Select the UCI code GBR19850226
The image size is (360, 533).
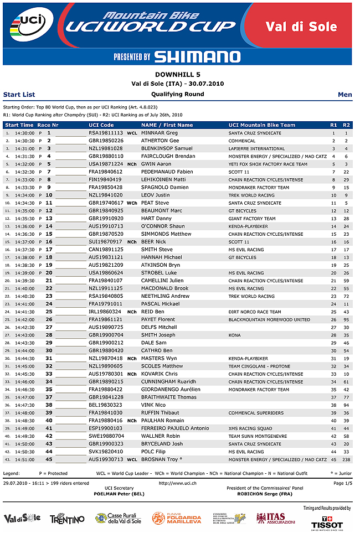pos(106,141)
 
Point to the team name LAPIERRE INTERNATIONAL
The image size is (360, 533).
pos(256,149)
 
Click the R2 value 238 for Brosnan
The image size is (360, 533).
pos(347,459)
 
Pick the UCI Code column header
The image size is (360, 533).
pos(101,125)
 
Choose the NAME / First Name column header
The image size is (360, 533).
pos(167,125)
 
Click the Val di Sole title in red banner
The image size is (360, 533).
pos(301,27)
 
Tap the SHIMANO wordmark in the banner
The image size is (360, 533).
pos(197,56)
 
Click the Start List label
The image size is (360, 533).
pos(19,95)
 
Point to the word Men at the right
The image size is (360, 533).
pos(344,95)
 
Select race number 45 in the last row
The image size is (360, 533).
pos(49,459)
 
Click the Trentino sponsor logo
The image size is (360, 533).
pos(67,519)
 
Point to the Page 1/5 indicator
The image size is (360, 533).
pos(342,483)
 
